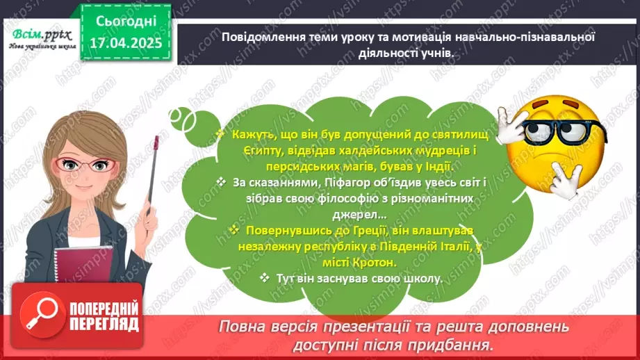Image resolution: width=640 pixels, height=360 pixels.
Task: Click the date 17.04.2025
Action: click(x=125, y=42)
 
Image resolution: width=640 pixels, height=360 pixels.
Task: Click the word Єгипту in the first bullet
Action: click(x=239, y=149)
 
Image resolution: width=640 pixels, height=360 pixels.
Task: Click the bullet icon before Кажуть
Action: click(x=220, y=133)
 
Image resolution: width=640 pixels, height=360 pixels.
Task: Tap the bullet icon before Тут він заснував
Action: click(x=264, y=278)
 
